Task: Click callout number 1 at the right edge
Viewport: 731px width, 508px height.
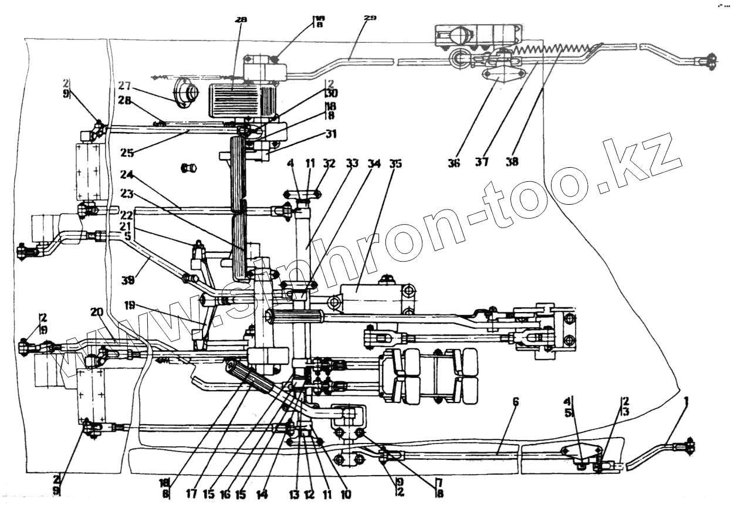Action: coord(686,402)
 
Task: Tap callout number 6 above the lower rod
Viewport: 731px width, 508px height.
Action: coord(516,402)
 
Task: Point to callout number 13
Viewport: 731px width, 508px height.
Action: coord(294,494)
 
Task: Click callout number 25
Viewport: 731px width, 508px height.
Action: coord(128,153)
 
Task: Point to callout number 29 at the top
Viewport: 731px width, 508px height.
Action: coord(370,19)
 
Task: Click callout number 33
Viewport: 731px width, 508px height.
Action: coord(352,164)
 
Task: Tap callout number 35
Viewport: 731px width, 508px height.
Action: coord(396,164)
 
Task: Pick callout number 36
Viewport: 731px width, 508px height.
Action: coord(454,162)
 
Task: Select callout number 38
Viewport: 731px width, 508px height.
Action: coord(512,162)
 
